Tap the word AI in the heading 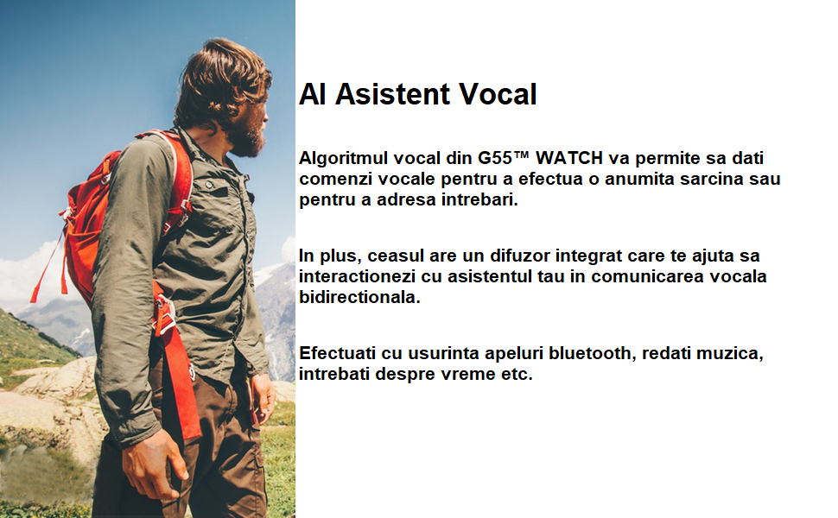(x=313, y=94)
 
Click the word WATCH (x=569, y=158)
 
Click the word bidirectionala (x=359, y=297)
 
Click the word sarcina (x=712, y=179)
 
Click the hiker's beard (x=247, y=138)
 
